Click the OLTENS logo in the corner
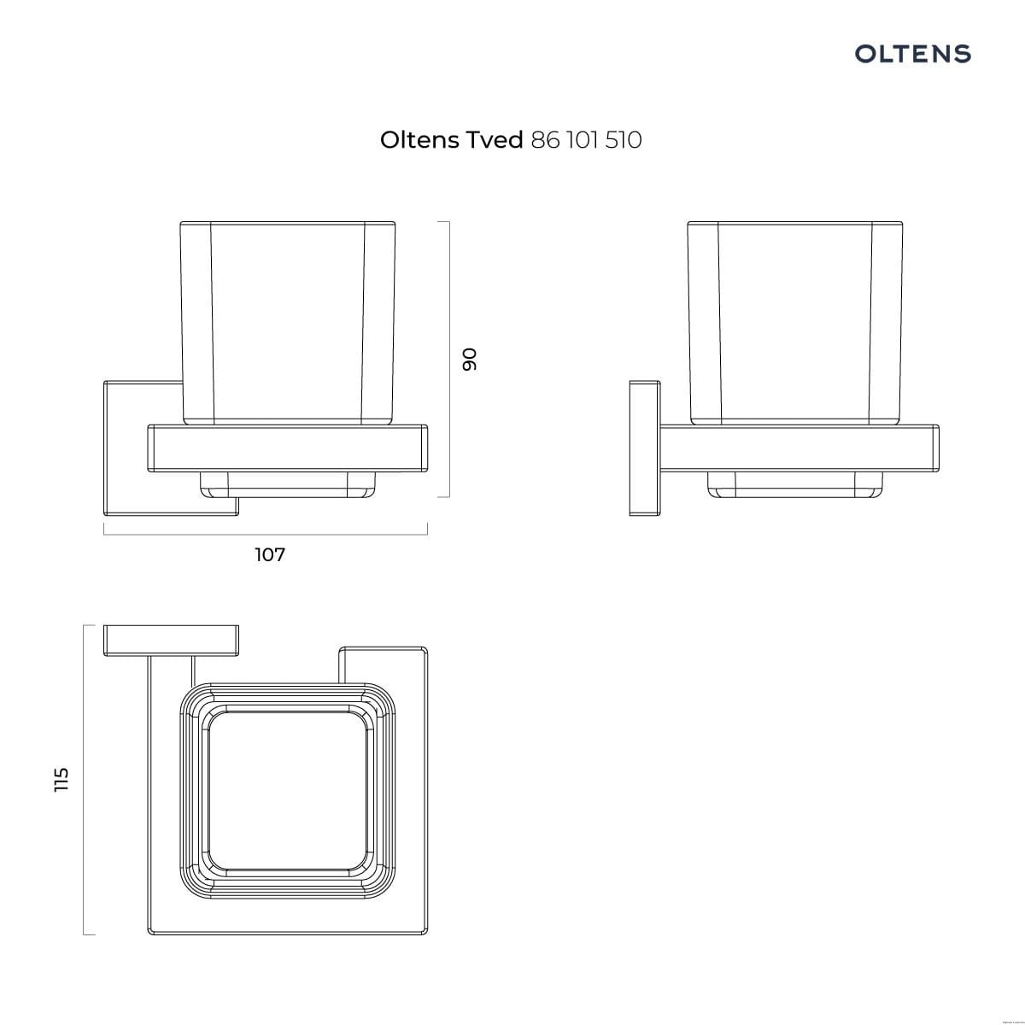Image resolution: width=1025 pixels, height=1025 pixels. coord(912,54)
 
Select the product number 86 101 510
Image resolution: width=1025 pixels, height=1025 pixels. coord(586,140)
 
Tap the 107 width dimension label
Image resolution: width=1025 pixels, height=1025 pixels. coord(270,555)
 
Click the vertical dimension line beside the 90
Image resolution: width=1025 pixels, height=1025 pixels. coord(448,359)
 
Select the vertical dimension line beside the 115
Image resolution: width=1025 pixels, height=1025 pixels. coord(84,779)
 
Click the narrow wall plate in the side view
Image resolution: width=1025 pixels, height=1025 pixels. coord(644,448)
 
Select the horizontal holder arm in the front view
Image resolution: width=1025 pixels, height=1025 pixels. coord(287,448)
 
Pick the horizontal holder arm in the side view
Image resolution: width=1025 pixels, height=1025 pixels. coord(799,448)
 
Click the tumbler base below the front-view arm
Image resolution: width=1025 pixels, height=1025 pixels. coord(287,484)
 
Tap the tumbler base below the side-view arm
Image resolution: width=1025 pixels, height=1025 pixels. coord(795,484)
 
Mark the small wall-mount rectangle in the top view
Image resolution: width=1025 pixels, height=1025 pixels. coord(170,641)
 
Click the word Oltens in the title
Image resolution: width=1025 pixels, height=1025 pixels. coord(419,140)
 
